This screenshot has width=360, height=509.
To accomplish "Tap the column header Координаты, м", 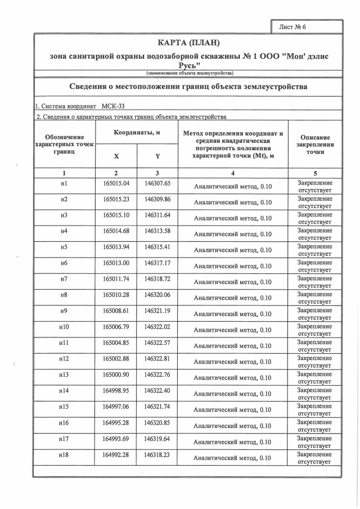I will [137, 132].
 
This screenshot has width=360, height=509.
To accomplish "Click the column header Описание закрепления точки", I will [315, 145].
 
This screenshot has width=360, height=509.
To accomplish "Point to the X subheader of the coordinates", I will [116, 156].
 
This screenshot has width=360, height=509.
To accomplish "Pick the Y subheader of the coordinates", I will [157, 156].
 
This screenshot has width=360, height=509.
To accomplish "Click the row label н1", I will [64, 183].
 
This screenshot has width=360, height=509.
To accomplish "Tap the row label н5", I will [64, 247].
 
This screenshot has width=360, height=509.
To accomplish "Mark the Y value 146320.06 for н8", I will [157, 295].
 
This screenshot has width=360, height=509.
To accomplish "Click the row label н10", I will [64, 327].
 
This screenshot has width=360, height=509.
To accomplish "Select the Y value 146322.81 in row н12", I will [157, 358].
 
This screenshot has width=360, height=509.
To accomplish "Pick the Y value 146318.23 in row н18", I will [157, 454].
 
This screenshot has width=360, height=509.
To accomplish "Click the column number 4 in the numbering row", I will [232, 173].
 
